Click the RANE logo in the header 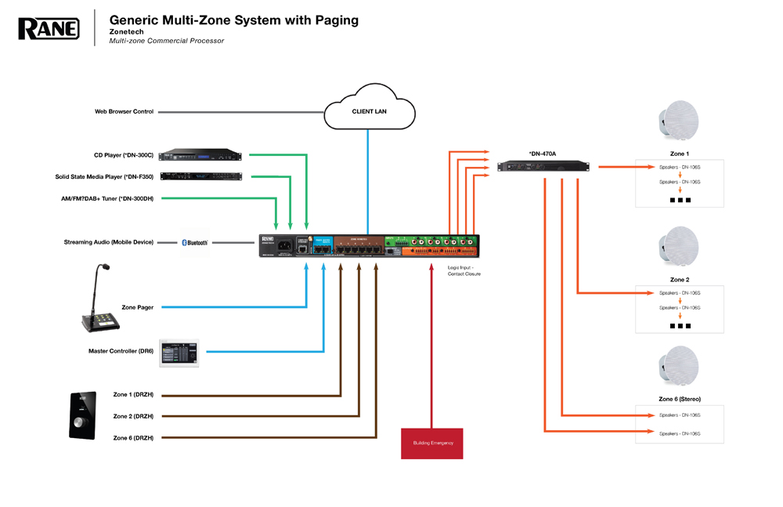pyautogui.click(x=49, y=29)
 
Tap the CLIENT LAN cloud pyautogui.click(x=369, y=112)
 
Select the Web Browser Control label pyautogui.click(x=124, y=112)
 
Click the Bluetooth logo pyautogui.click(x=194, y=243)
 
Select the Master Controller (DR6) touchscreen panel pyautogui.click(x=179, y=353)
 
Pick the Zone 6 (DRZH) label pyautogui.click(x=133, y=436)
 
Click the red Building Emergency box pyautogui.click(x=432, y=444)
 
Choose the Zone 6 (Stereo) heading pyautogui.click(x=680, y=400)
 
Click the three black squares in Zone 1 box pyautogui.click(x=680, y=201)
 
